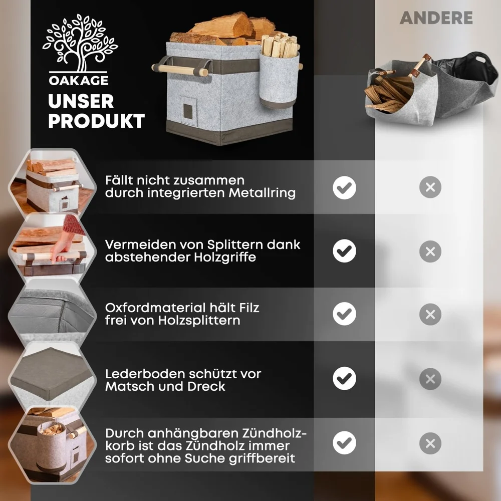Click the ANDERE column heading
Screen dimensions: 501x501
436,18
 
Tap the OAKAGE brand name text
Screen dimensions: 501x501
79,80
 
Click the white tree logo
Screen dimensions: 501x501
80,43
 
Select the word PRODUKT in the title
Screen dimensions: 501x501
97,121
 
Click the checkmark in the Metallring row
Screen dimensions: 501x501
344,187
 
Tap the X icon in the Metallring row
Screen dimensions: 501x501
430,187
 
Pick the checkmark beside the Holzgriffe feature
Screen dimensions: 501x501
344,251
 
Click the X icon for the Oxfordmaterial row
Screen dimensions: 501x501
430,315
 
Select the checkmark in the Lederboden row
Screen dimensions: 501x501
344,378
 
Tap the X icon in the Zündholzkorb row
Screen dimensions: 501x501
430,443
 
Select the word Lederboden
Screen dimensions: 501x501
144,374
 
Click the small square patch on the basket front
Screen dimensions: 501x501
188,111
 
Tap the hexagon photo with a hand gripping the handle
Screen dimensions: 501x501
53,245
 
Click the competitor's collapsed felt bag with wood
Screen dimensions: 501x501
431,88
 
